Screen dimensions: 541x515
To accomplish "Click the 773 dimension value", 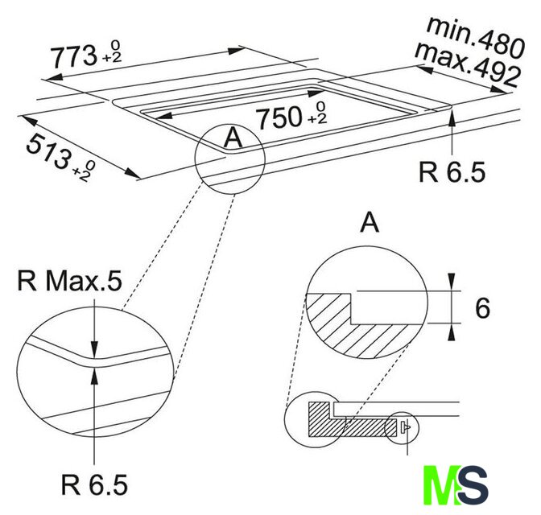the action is coord(74,56).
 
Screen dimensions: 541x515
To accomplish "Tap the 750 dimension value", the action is coord(280,117).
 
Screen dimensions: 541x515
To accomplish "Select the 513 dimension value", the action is coord(47,152).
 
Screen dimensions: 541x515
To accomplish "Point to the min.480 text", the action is coord(476,36).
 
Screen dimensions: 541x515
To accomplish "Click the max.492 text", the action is coord(467,64).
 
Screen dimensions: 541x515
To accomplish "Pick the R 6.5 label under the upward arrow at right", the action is coord(452,171).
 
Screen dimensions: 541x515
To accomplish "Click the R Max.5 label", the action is coord(69,281).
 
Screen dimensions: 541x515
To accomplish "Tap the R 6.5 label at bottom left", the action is coord(94,484).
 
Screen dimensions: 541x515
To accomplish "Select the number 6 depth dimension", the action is coord(482,308).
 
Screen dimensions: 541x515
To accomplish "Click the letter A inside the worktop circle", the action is coord(233,138).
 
